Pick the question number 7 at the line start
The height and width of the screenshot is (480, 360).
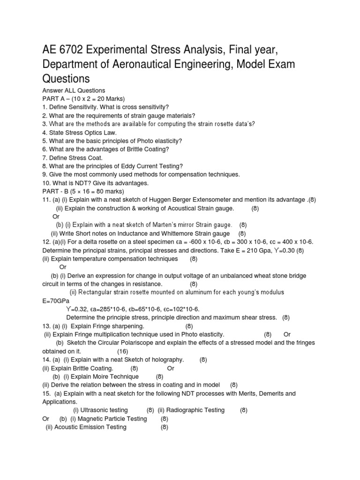click(x=45, y=157)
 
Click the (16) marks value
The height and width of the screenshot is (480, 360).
click(x=122, y=351)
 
